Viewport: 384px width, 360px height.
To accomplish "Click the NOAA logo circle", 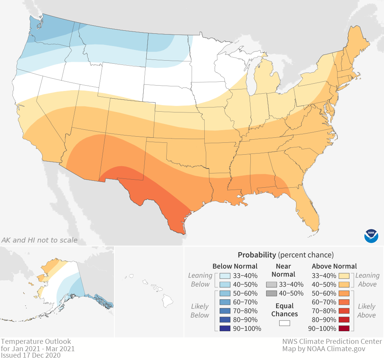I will (371, 235).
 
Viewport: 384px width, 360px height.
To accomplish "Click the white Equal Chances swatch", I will (284, 323).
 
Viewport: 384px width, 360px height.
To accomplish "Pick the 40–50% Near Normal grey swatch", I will (271, 294).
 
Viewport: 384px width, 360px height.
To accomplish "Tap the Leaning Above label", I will (367, 280).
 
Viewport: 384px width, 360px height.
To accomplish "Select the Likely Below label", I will (200, 310).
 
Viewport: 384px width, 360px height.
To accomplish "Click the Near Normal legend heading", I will (284, 270).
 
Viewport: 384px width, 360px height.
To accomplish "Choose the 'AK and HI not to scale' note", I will (39, 240).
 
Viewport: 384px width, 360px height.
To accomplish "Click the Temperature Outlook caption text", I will (36, 341).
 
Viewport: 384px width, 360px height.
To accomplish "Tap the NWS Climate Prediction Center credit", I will (332, 341).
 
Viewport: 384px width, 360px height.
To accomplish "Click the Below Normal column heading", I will (235, 266).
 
